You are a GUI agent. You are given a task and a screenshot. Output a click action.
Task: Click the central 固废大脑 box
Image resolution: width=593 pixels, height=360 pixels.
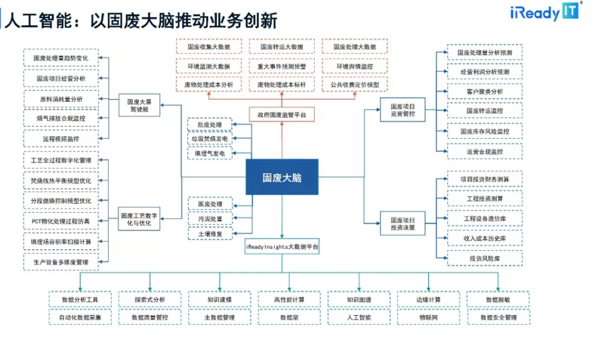point(282,177)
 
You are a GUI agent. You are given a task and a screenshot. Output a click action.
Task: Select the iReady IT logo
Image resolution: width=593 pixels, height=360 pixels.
point(545,12)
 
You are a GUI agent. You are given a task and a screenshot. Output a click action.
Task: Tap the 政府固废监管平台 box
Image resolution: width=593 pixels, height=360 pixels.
point(282,113)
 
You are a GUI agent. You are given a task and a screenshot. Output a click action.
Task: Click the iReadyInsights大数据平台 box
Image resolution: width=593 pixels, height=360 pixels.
point(282,247)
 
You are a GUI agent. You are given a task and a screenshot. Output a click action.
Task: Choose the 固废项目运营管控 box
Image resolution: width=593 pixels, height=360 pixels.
point(403,110)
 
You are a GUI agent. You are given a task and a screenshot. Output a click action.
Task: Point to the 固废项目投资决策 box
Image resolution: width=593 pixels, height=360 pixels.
point(403,224)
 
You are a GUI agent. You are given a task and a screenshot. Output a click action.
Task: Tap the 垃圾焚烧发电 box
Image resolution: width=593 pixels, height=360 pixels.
point(210,139)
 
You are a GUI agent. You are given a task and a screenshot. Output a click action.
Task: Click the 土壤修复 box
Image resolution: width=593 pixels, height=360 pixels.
point(210,233)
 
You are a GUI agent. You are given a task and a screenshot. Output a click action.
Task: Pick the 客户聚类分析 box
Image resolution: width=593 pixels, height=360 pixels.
point(484,92)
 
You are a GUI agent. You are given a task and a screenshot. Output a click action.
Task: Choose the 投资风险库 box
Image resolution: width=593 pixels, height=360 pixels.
point(484,258)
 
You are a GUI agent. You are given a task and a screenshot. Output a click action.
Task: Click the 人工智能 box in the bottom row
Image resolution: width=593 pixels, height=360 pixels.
point(359,317)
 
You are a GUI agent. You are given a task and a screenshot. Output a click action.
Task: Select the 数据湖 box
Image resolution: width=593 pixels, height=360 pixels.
point(289,317)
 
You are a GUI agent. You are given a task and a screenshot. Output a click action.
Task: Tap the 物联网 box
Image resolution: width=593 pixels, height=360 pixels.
point(429,317)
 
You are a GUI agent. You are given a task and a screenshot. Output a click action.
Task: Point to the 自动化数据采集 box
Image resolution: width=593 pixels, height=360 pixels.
point(80,317)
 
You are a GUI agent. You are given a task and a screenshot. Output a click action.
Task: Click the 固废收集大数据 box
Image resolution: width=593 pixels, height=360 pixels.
point(209,47)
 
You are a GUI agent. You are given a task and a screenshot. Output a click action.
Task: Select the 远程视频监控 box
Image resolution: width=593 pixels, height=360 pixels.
point(61,139)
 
